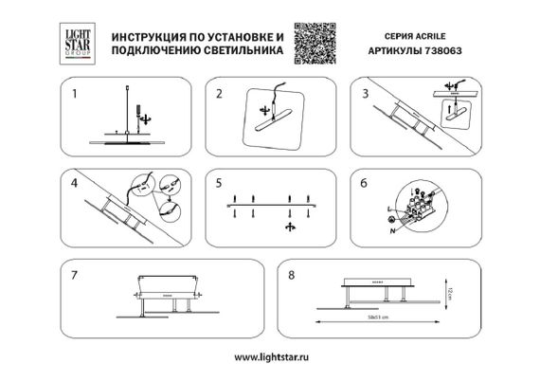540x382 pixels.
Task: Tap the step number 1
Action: [x=73, y=94]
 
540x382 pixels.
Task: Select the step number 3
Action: [x=364, y=94]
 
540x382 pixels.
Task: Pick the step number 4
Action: [x=73, y=181]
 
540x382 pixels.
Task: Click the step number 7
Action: [x=73, y=271]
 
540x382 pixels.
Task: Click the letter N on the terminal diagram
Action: [x=391, y=230]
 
